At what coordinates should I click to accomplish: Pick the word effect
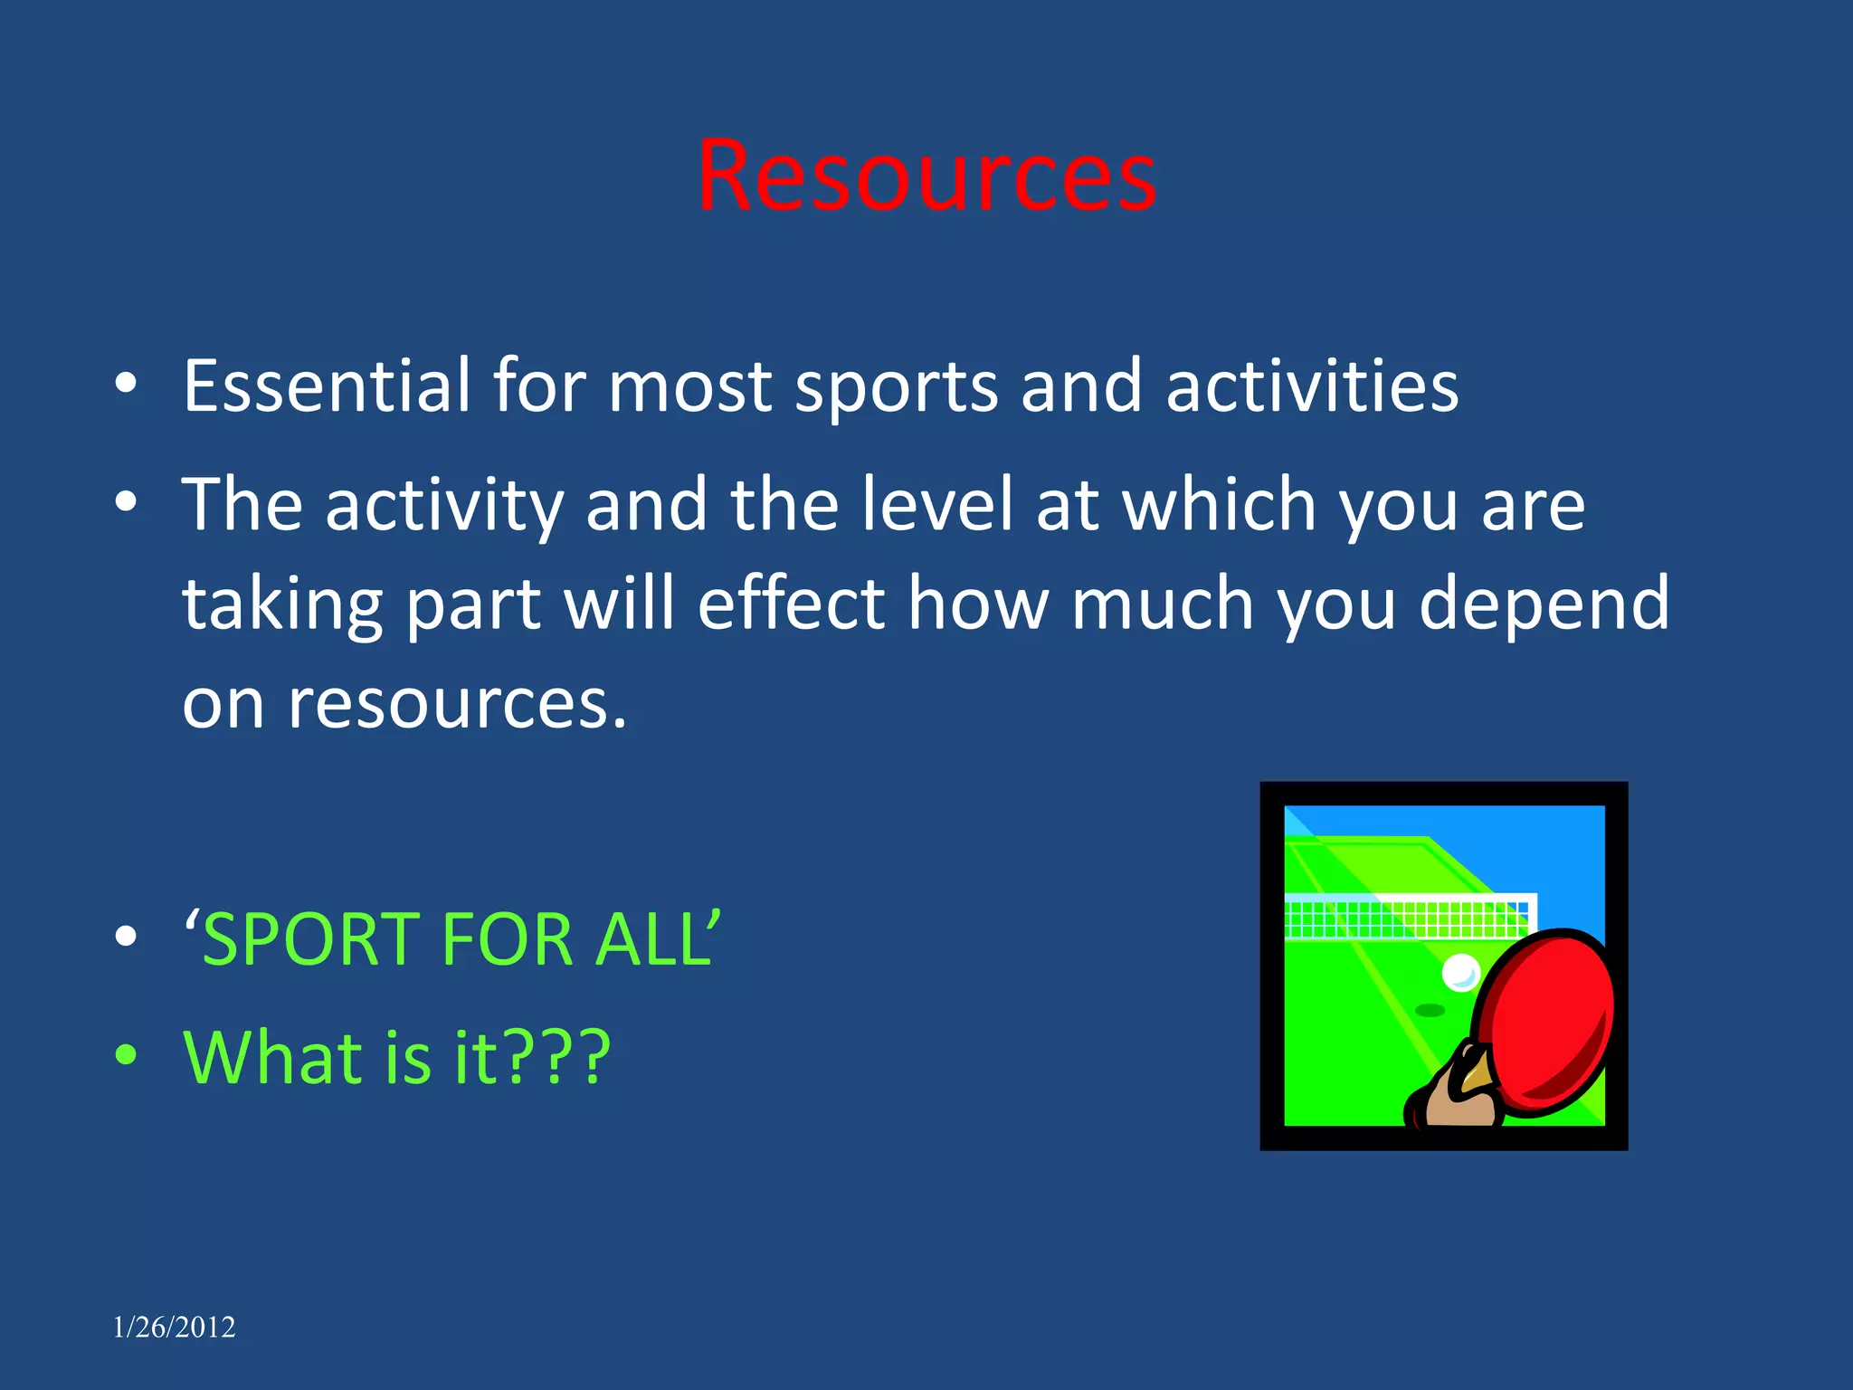click(791, 603)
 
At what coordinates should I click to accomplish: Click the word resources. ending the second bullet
click(456, 704)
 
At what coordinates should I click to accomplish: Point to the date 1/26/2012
click(174, 1328)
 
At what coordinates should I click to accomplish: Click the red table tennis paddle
click(1549, 1018)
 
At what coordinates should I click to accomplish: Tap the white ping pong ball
click(1459, 973)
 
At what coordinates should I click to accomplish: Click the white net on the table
click(1407, 916)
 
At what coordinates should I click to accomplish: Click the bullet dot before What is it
click(126, 1054)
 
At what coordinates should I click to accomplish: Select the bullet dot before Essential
click(126, 384)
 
